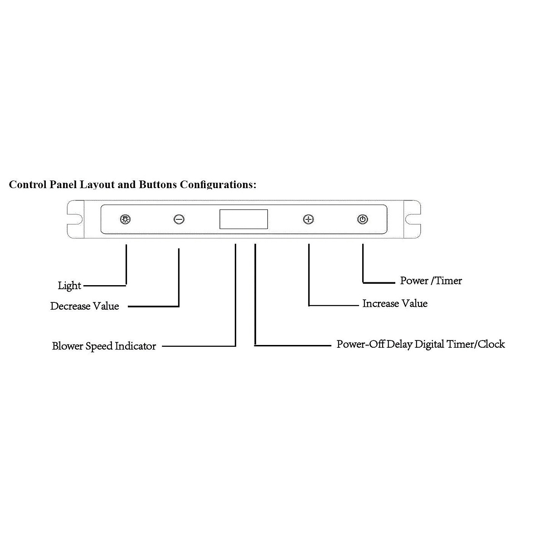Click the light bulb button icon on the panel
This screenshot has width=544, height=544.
point(125,219)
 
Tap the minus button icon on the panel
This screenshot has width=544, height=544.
point(179,219)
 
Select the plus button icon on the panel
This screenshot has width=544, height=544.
point(309,219)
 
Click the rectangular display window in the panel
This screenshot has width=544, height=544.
point(243,219)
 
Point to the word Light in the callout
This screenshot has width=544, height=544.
point(69,286)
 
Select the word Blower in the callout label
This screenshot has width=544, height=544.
point(68,346)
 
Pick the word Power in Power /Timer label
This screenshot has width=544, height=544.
point(414,281)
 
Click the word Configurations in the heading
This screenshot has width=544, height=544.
point(218,185)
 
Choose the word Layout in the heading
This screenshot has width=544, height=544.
point(97,185)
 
